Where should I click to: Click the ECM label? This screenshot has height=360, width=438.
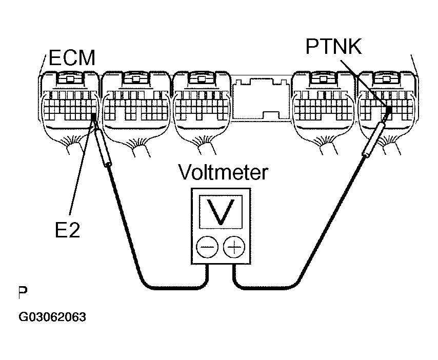72,58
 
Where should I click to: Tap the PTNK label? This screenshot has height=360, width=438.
333,48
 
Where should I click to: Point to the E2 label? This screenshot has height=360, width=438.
68,230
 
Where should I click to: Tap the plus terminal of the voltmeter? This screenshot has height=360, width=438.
234,249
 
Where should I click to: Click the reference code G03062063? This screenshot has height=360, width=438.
52,316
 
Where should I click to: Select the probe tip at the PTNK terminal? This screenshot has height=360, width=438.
388,110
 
